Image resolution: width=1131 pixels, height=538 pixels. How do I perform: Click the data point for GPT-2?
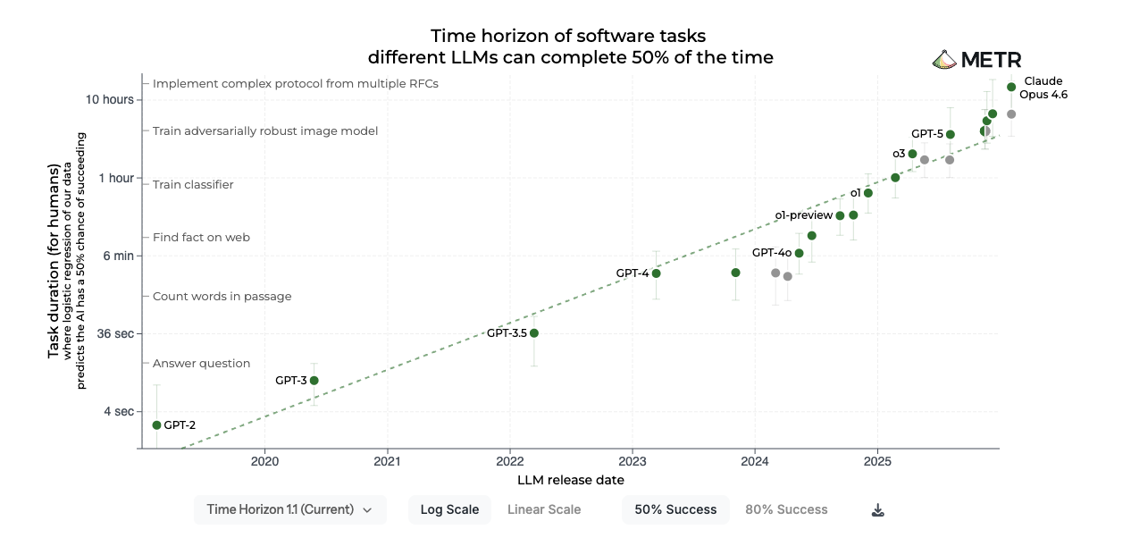(157, 425)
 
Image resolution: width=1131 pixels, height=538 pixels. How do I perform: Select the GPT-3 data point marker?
(314, 381)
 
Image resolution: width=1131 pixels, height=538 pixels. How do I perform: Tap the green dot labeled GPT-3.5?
(534, 333)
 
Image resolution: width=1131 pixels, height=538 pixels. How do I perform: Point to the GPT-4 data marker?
(656, 273)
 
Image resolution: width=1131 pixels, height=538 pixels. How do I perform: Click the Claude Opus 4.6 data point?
(1011, 87)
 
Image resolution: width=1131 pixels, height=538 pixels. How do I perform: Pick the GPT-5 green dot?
(951, 135)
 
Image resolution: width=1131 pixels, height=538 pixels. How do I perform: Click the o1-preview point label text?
(803, 215)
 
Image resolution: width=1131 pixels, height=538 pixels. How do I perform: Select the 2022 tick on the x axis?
(509, 461)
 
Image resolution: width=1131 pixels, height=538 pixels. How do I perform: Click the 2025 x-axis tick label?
(876, 461)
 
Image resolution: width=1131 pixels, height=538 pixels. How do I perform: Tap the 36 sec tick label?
(115, 334)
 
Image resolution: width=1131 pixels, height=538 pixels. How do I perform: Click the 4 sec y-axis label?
(117, 412)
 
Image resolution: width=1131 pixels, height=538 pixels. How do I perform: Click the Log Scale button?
(449, 509)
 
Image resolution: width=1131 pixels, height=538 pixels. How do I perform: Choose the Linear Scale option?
(544, 509)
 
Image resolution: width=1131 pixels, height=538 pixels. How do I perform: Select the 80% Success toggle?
(786, 509)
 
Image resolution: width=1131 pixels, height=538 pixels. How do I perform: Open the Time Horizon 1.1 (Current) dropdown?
(289, 509)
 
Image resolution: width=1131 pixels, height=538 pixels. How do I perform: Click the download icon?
(878, 510)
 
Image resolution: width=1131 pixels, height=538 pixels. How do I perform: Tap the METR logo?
(976, 60)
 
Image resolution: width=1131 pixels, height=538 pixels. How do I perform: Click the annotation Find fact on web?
(201, 238)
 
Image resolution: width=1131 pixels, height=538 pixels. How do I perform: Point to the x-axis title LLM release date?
(570, 480)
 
